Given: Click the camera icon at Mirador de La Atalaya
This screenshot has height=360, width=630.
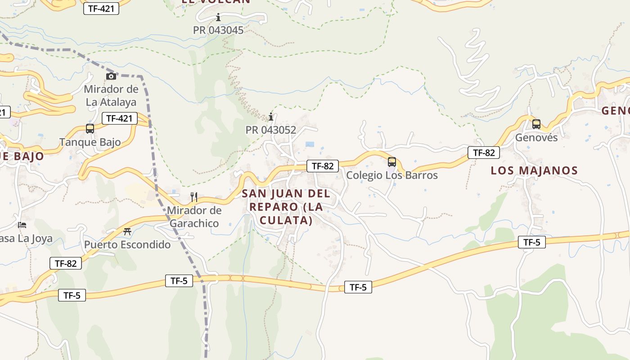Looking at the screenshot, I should click(x=111, y=76).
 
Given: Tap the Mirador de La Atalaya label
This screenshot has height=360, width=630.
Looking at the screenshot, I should click(x=111, y=95).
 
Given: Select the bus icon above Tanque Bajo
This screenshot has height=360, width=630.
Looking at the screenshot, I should click(x=90, y=129).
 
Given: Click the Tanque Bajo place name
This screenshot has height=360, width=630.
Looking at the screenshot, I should click(x=90, y=142).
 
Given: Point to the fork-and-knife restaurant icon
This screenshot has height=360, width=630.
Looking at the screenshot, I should click(x=194, y=197).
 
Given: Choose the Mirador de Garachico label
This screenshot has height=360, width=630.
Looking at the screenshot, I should click(x=194, y=216).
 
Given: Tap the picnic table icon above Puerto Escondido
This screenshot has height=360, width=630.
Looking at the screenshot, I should click(x=127, y=232).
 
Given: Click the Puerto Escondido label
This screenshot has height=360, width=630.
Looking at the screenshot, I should click(x=127, y=245).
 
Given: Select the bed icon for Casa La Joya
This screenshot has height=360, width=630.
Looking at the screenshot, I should click(x=22, y=225).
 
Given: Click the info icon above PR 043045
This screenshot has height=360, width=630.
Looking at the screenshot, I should click(x=218, y=18).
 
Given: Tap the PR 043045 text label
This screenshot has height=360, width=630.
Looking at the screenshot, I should click(x=218, y=30).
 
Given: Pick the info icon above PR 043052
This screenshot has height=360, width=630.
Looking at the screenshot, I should click(x=270, y=117).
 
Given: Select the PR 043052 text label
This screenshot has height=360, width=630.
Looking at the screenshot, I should click(x=270, y=130).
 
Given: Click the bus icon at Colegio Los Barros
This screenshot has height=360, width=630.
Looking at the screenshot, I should click(x=392, y=162).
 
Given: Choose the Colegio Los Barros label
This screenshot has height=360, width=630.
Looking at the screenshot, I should click(x=391, y=175).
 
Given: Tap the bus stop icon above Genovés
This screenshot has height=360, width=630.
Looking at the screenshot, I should click(x=536, y=124).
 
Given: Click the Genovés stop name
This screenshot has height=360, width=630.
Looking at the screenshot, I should click(x=536, y=137).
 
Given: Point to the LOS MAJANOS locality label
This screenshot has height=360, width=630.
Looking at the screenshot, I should click(x=534, y=171).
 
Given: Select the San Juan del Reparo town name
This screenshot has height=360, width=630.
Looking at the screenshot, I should click(x=286, y=207).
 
